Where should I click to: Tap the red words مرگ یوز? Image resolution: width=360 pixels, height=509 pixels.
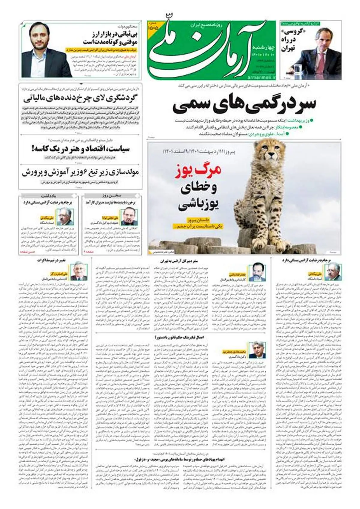click(x=198, y=170)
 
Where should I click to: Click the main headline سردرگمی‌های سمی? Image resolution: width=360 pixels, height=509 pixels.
click(x=244, y=105)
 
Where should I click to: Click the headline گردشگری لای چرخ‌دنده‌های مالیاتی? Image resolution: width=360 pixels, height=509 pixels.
click(x=80, y=98)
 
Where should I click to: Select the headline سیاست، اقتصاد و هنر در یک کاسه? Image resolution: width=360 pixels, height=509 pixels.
click(x=80, y=149)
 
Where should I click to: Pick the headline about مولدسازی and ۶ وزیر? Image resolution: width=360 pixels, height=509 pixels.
click(x=80, y=173)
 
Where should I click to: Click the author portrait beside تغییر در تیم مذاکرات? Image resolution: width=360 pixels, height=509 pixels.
click(x=79, y=272)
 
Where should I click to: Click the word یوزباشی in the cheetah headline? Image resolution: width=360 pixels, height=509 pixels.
click(x=199, y=205)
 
